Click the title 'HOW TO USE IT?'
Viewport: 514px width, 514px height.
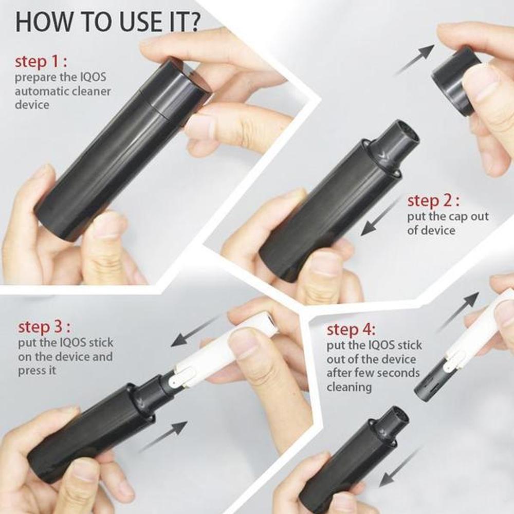click(x=108, y=23)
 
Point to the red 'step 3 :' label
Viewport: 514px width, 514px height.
click(x=44, y=327)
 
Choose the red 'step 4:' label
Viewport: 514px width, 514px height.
click(x=351, y=329)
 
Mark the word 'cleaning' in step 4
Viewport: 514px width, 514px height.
click(x=349, y=387)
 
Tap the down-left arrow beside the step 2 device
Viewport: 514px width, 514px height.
click(x=379, y=218)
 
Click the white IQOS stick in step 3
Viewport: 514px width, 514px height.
click(x=221, y=350)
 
